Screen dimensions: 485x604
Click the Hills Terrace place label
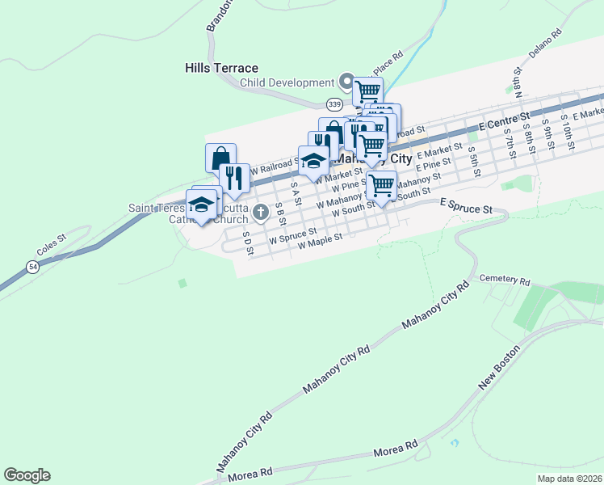click(x=221, y=68)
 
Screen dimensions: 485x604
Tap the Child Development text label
click(x=287, y=82)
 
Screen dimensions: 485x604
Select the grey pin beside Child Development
click(x=347, y=82)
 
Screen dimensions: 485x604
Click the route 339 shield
click(x=334, y=104)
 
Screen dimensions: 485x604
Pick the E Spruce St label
click(x=466, y=209)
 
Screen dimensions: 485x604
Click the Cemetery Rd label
click(x=505, y=281)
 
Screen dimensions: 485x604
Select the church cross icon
click(x=260, y=213)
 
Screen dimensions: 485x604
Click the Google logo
click(x=27, y=475)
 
